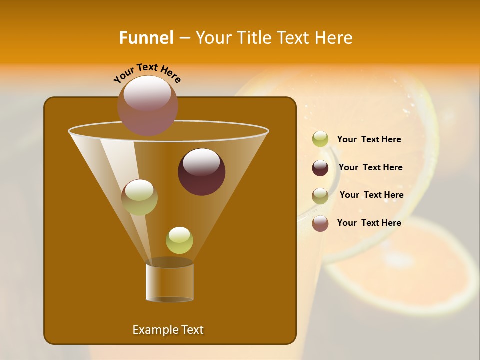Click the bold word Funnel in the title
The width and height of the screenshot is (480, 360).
coord(146,38)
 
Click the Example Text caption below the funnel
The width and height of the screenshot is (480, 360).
coord(168,330)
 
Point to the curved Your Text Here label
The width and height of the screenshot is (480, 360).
coord(147,73)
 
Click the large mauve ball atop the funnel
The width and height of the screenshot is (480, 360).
coord(148,105)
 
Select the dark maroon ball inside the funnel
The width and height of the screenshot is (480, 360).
coord(201,172)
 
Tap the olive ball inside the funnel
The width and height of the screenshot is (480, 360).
coord(139,197)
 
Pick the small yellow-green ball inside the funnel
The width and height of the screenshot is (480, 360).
coord(179,240)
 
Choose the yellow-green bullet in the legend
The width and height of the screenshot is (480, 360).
coord(320,139)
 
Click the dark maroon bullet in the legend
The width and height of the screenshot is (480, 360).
coord(320,168)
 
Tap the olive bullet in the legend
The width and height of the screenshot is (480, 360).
coord(320,196)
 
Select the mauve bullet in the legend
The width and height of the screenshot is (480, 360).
coord(320,223)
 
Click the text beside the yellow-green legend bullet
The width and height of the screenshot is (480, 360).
coord(369,139)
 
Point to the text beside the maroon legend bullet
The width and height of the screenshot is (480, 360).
coord(370,167)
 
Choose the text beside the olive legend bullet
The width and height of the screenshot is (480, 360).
coord(371,195)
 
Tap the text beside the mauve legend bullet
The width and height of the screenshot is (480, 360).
coord(369,223)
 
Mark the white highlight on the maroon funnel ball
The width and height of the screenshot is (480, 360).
coord(201,162)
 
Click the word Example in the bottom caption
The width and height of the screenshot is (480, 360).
coord(150,330)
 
